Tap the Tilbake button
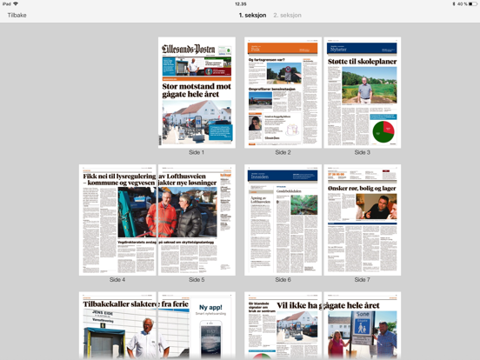pyautogui.click(x=17, y=15)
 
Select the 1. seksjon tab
pyautogui.click(x=252, y=15)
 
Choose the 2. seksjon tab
pyautogui.click(x=287, y=15)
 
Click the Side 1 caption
pyautogui.click(x=197, y=152)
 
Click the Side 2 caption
pyautogui.click(x=283, y=152)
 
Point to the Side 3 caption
pyautogui.click(x=362, y=152)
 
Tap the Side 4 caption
pyautogui.click(x=117, y=280)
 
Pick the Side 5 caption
pyautogui.click(x=197, y=280)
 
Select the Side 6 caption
pyautogui.click(x=283, y=280)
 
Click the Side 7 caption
pyautogui.click(x=362, y=280)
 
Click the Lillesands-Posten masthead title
pyautogui.click(x=189, y=50)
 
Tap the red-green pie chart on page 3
pyautogui.click(x=383, y=131)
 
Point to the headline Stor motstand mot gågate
pyautogui.click(x=197, y=91)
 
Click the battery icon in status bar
pyautogui.click(x=472, y=4)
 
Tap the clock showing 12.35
pyautogui.click(x=240, y=4)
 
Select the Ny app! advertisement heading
pyautogui.click(x=210, y=307)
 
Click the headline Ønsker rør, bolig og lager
pyautogui.click(x=362, y=188)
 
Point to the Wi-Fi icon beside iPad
pyautogui.click(x=16, y=4)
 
